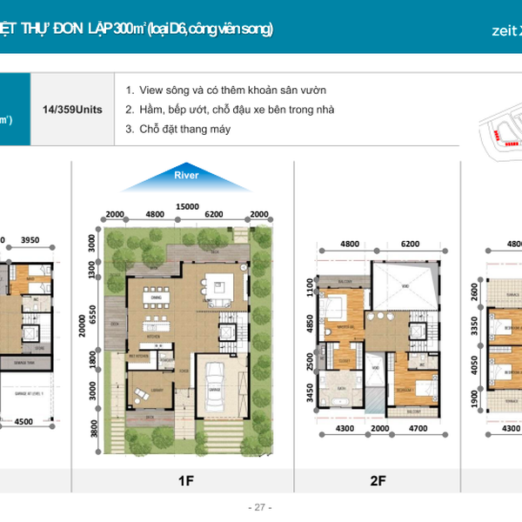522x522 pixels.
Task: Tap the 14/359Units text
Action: click(x=73, y=110)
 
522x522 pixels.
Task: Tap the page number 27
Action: click(x=260, y=507)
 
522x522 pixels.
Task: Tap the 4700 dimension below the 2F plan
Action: click(x=418, y=452)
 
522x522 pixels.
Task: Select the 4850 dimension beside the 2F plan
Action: click(x=310, y=324)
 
